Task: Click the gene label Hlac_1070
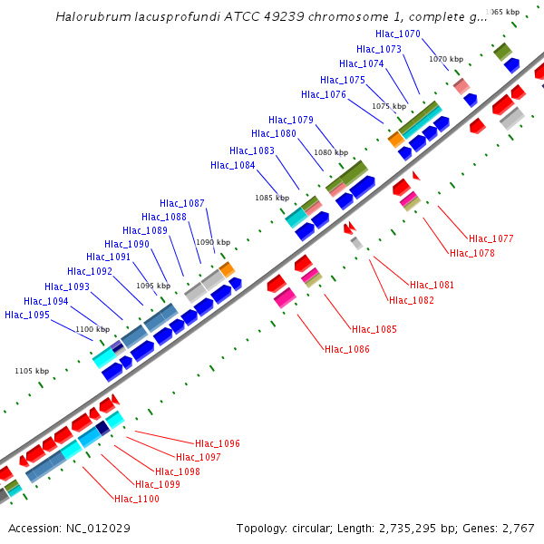397,34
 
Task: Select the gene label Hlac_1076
324,94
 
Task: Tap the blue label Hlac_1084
233,165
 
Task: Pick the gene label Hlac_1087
182,203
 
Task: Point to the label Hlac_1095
27,315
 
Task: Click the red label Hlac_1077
491,238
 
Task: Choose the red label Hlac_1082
412,300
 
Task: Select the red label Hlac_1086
347,349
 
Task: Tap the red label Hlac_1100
137,499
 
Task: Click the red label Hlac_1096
218,443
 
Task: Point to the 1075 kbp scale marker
388,106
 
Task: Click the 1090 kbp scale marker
214,242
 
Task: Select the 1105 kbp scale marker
32,371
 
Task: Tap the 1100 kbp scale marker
92,329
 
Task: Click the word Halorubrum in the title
89,16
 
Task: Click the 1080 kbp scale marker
330,152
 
